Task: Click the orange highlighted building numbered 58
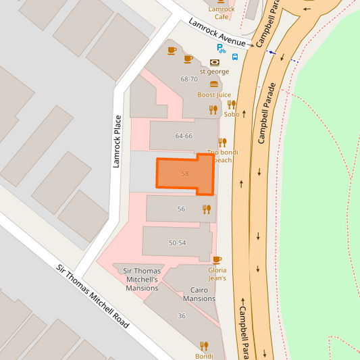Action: point(184,174)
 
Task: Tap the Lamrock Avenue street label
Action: point(217,33)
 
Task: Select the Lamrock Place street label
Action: point(117,141)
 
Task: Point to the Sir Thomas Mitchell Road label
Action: point(93,296)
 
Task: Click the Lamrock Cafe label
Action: point(222,13)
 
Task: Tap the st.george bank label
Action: point(215,71)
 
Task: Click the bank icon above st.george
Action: point(215,62)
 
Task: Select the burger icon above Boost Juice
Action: point(214,85)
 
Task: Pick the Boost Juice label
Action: point(214,95)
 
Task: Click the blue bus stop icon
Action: point(234,56)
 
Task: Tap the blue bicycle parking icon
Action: point(221,48)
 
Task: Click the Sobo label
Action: point(231,114)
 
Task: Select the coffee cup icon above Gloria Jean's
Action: point(217,259)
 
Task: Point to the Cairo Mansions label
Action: point(199,294)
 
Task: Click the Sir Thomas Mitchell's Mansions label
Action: point(142,279)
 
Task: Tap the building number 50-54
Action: point(178,242)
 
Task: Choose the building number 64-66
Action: point(184,136)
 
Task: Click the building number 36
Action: point(181,316)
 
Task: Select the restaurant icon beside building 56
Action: point(207,209)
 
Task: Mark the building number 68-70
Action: point(189,79)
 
